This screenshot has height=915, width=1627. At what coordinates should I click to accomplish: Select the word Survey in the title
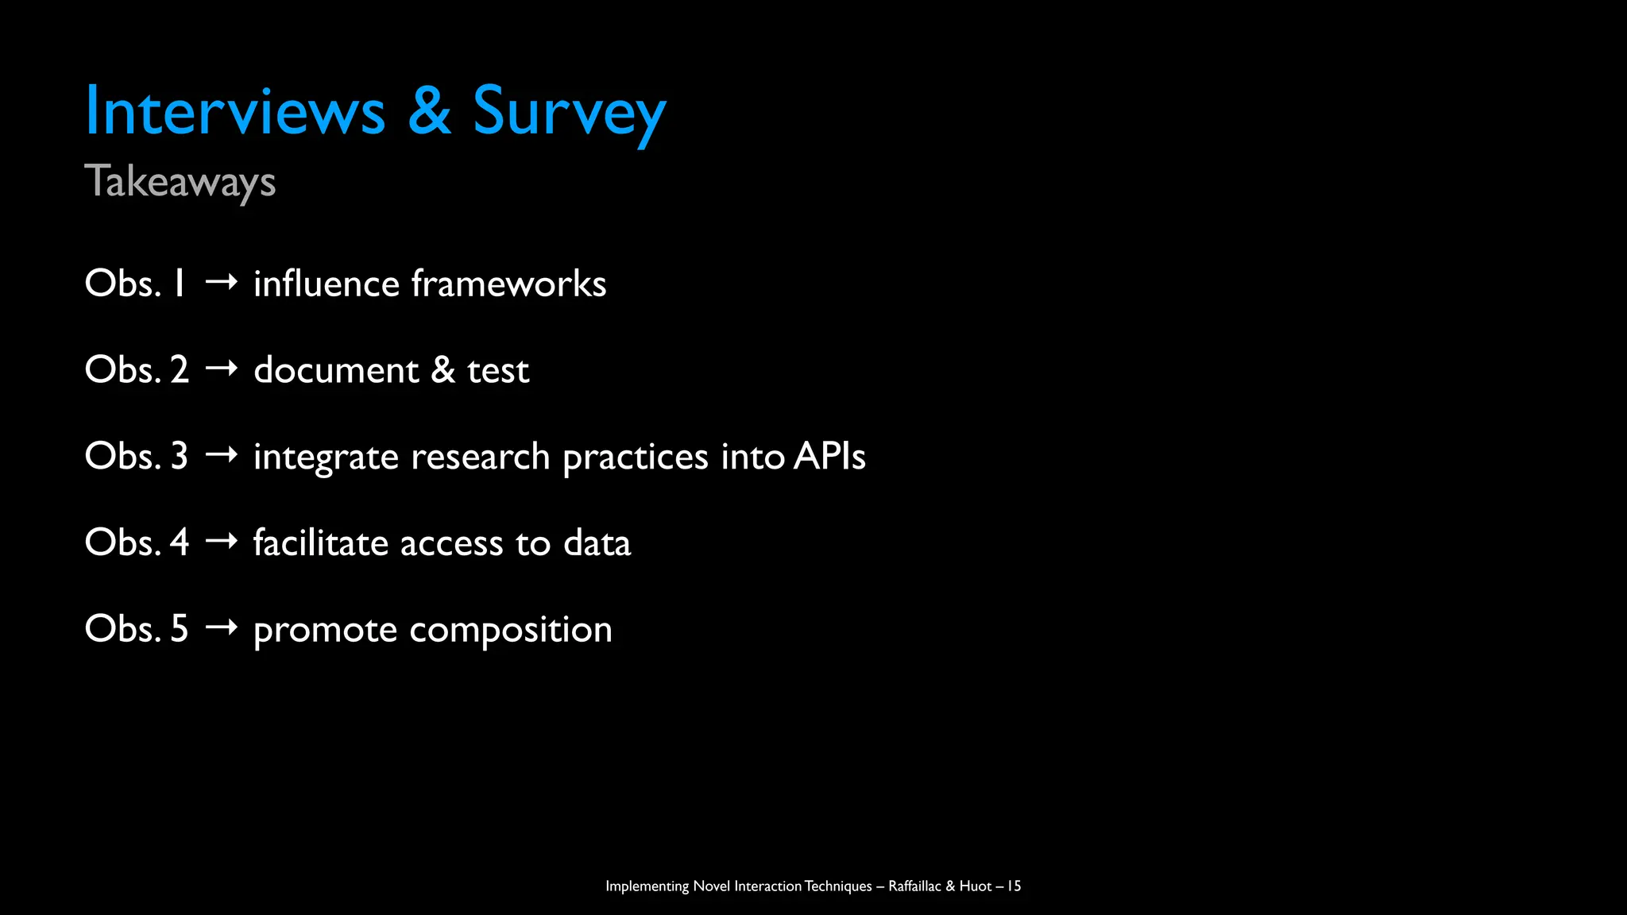[x=569, y=113]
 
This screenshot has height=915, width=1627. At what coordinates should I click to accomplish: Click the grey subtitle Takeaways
[x=180, y=182]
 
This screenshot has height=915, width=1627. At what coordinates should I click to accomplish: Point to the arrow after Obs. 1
[x=221, y=283]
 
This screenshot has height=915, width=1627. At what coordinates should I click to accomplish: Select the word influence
[x=327, y=284]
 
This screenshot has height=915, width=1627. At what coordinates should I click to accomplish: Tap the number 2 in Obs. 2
[x=180, y=369]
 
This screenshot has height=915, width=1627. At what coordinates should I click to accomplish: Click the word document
[x=336, y=370]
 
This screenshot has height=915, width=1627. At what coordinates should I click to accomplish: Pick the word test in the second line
[x=498, y=371]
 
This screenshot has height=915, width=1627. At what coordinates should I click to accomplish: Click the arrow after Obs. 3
[x=221, y=455]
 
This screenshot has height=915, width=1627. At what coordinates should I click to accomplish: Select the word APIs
[x=829, y=456]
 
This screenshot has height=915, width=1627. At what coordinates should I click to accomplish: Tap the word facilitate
[x=320, y=542]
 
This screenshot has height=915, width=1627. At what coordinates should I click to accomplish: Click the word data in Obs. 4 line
[x=597, y=543]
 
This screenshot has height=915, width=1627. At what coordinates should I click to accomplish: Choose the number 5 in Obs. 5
[x=180, y=628]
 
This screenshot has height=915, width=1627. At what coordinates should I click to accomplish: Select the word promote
[x=325, y=631]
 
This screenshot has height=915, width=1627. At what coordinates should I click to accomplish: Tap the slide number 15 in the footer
[x=1014, y=886]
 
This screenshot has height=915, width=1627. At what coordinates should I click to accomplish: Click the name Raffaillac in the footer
[x=914, y=886]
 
